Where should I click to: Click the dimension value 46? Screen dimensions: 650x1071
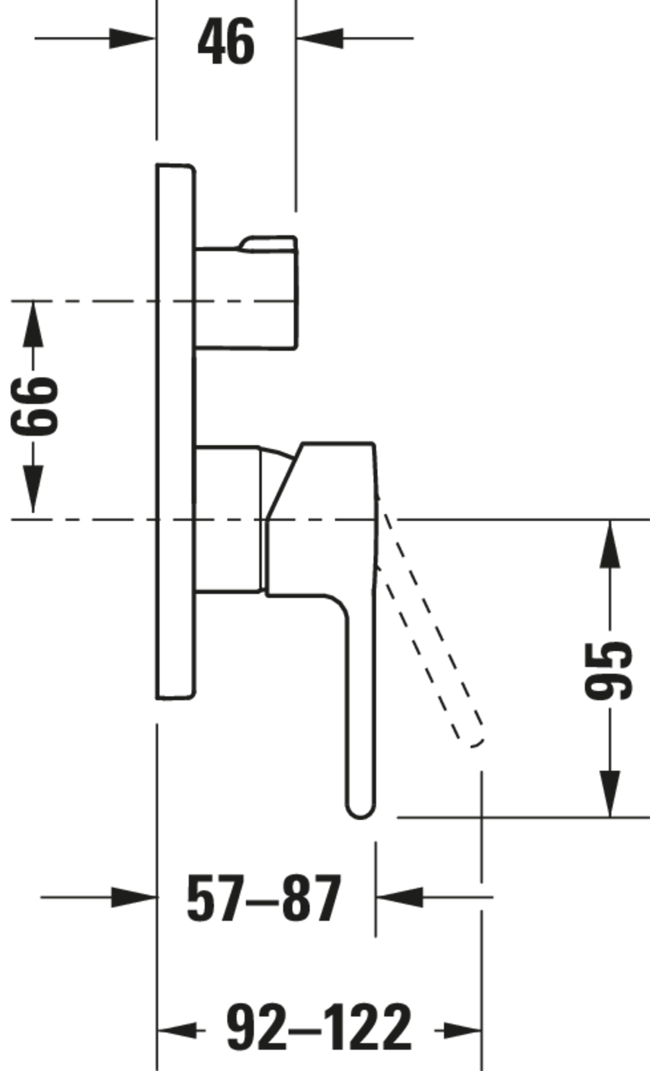226,42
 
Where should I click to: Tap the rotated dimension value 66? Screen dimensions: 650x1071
34,406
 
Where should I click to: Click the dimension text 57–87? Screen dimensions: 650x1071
264,899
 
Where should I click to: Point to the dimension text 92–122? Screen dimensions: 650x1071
319,1027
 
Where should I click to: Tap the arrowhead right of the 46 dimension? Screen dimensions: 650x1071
320,39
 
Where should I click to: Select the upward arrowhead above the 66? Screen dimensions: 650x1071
33,324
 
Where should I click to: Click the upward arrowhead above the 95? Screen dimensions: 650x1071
610,543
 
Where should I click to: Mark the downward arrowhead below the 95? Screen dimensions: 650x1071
610,794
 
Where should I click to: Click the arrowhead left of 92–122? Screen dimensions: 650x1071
177,1030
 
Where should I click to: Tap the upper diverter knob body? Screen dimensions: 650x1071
246,298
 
